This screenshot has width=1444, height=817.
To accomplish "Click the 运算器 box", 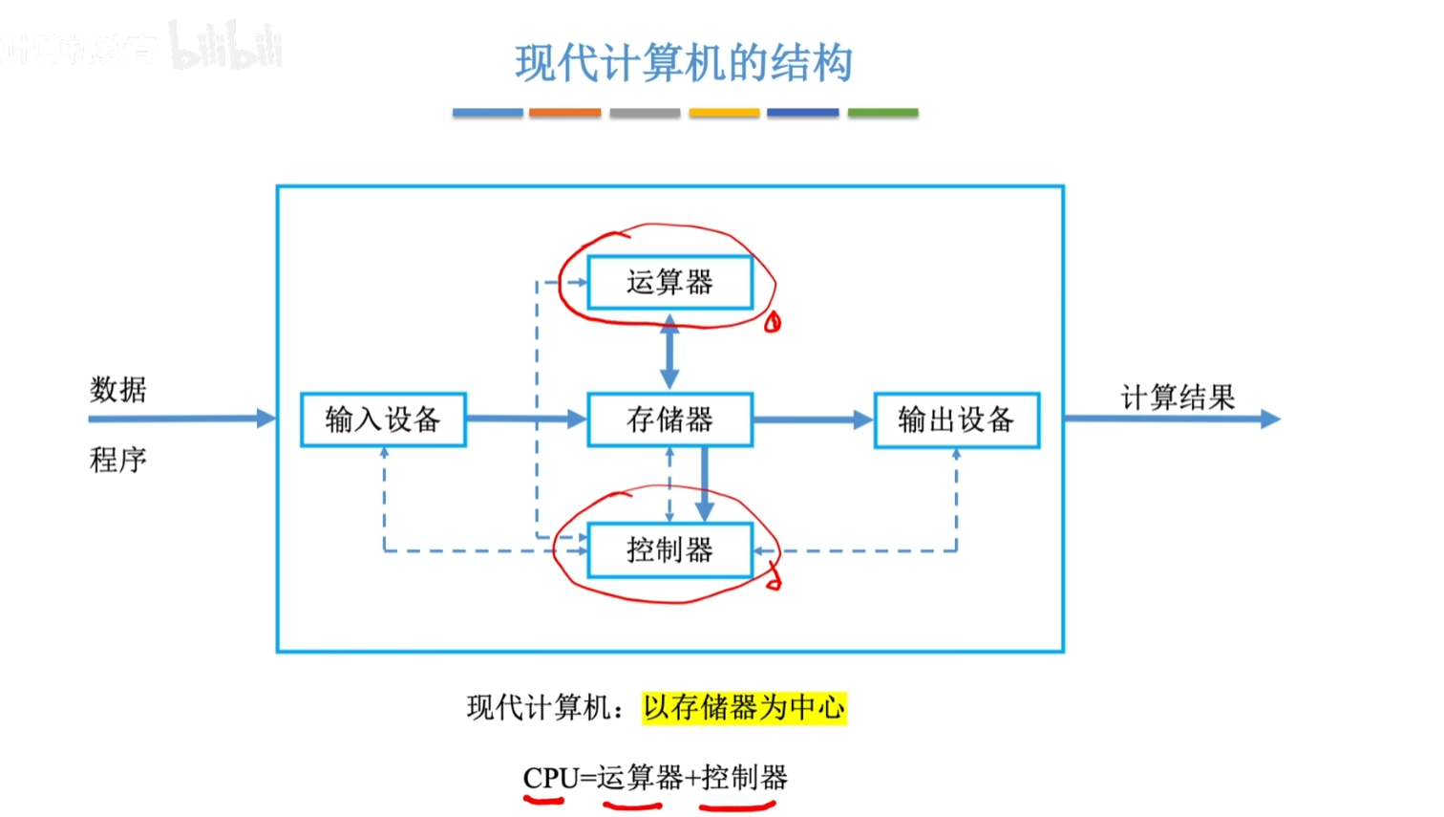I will click(x=669, y=283).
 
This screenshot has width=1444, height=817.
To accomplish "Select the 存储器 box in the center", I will click(x=669, y=419).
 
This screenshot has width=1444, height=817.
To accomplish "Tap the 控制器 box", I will click(x=669, y=550).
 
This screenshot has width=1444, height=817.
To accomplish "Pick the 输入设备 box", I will click(x=383, y=419).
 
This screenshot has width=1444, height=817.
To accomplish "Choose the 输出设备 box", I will click(x=956, y=419).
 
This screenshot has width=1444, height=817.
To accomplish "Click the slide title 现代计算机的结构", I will click(x=684, y=64).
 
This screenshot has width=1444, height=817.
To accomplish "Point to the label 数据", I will click(x=118, y=390).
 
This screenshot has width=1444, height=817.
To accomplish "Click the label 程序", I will click(x=118, y=460).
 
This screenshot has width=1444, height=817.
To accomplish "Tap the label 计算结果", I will click(x=1178, y=397).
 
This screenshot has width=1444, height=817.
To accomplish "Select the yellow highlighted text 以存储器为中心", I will click(x=743, y=708).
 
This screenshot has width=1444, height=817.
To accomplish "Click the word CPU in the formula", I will click(x=551, y=778).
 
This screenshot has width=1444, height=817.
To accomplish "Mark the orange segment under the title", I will click(x=564, y=113).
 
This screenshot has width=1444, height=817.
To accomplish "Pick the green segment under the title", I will click(x=882, y=113).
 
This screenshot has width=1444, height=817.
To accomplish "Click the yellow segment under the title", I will click(x=724, y=113).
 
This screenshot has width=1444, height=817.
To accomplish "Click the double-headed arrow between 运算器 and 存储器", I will click(x=669, y=352).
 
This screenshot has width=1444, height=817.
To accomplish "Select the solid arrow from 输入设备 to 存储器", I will click(x=525, y=419).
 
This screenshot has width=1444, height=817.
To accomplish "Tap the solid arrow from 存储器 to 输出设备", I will click(x=813, y=419).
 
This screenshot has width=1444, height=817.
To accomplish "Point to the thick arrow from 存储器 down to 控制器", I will click(x=705, y=484).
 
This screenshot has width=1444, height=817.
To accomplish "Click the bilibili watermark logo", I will click(x=226, y=46).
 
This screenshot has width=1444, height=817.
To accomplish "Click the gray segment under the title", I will click(x=645, y=113).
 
